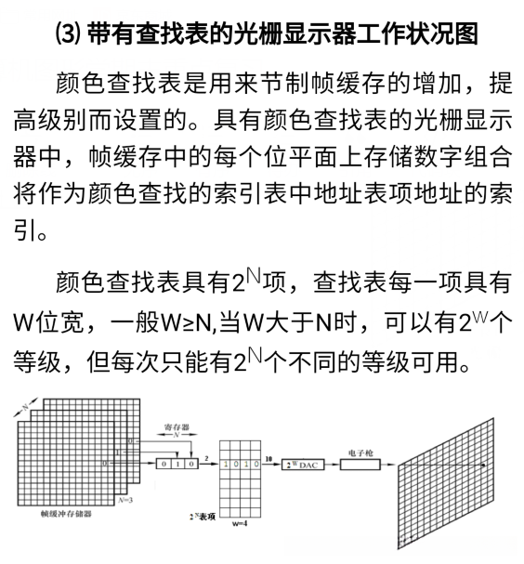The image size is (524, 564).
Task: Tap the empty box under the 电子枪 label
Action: point(360,463)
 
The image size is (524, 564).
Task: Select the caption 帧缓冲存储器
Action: point(62,512)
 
